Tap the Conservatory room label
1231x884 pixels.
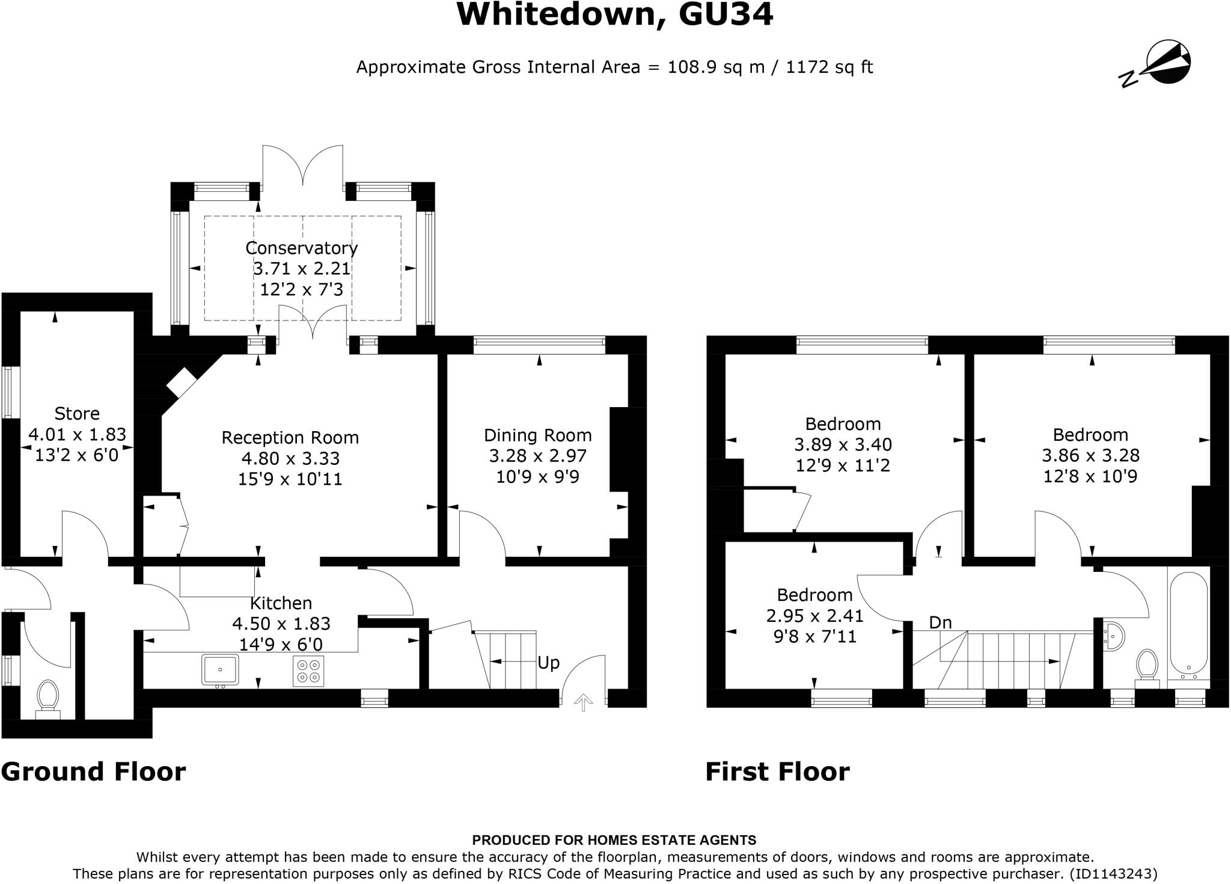click(301, 248)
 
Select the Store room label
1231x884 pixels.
click(77, 413)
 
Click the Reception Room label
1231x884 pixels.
click(290, 437)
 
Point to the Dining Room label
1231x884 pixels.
click(538, 435)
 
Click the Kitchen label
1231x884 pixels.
click(281, 603)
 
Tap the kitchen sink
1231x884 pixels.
click(221, 670)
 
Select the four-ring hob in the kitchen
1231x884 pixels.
click(309, 671)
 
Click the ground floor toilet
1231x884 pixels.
click(47, 699)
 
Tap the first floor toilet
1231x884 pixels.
click(1147, 668)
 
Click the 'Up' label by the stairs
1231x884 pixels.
click(548, 663)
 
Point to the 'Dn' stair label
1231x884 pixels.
click(941, 622)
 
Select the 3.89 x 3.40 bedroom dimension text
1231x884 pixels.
click(843, 444)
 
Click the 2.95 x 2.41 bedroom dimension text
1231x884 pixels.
click(814, 616)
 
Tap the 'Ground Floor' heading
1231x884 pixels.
click(93, 772)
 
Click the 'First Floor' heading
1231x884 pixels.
click(777, 772)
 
